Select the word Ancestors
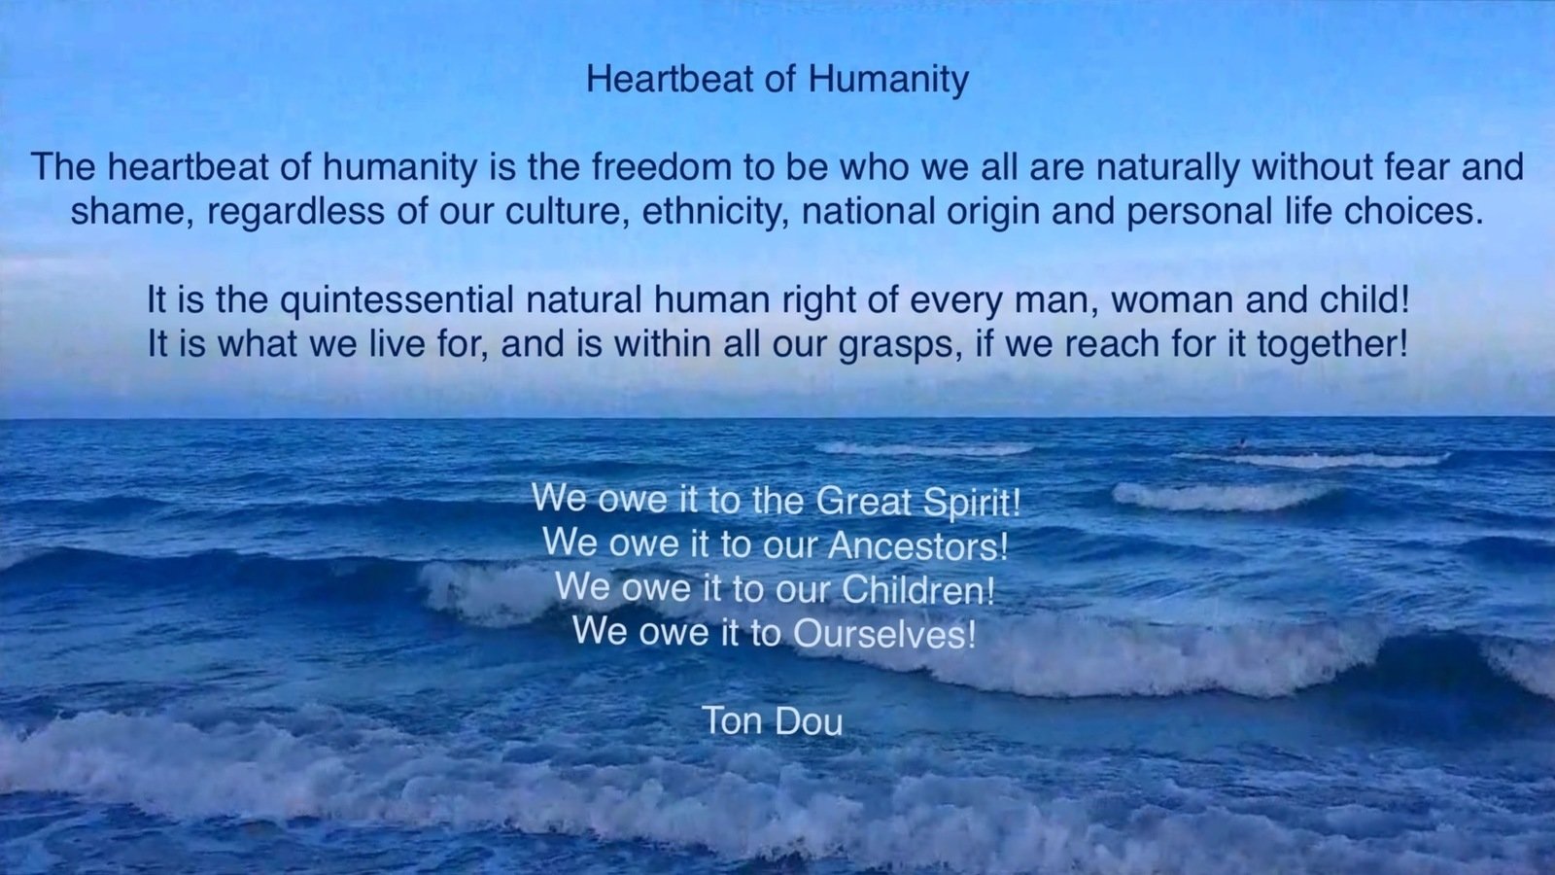point(918,546)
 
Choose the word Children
point(918,590)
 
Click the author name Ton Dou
point(773,720)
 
